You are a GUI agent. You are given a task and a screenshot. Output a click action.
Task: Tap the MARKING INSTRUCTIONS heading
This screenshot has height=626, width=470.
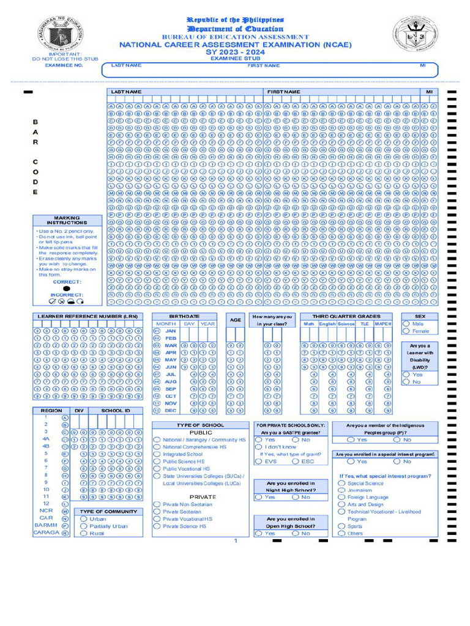click(67, 220)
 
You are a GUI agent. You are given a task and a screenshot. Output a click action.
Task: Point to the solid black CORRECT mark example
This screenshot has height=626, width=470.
click(67, 288)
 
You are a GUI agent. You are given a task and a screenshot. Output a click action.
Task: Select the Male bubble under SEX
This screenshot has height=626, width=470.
click(406, 323)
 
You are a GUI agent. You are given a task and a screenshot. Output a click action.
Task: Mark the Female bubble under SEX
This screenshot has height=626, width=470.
click(406, 331)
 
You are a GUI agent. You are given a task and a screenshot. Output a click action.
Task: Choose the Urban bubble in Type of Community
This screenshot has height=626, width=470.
click(84, 518)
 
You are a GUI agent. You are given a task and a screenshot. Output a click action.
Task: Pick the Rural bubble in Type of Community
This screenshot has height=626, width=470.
click(84, 533)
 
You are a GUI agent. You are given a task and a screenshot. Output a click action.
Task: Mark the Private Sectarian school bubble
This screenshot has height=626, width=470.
click(157, 512)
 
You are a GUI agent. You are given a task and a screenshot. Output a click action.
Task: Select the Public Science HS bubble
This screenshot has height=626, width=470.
click(157, 462)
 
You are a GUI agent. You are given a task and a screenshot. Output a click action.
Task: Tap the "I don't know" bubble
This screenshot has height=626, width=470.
click(259, 447)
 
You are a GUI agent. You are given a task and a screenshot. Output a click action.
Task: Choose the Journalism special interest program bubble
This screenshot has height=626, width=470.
click(341, 490)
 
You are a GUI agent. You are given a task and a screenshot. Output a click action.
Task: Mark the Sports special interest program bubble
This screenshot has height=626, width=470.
click(341, 526)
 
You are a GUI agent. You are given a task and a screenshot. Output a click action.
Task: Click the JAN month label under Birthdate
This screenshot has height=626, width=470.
click(171, 331)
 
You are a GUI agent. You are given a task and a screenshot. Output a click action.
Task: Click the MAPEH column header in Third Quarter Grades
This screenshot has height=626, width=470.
click(384, 324)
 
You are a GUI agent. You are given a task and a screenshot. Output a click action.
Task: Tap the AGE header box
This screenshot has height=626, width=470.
click(236, 320)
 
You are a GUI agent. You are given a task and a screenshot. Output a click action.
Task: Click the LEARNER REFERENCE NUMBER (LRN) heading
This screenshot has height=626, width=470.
click(88, 316)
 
